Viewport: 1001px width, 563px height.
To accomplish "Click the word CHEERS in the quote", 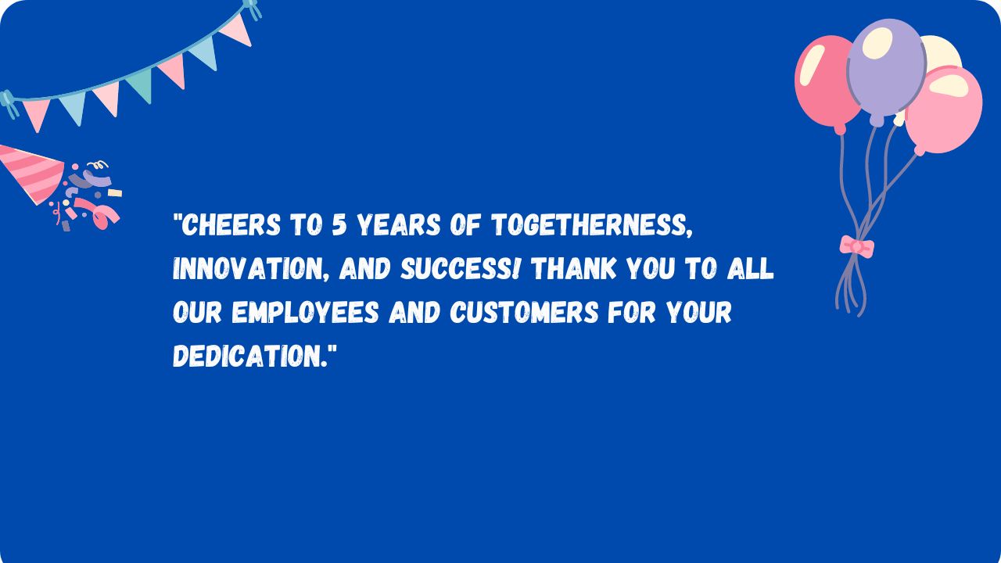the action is [231, 224].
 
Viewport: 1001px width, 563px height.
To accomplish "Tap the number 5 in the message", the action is [339, 224].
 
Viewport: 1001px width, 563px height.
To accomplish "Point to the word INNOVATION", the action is [251, 269].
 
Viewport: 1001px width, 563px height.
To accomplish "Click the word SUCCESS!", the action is [461, 268].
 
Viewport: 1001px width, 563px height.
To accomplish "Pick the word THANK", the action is [574, 268].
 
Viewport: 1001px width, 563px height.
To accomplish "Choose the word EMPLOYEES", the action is [306, 312].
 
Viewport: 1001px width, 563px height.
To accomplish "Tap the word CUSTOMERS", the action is [524, 312].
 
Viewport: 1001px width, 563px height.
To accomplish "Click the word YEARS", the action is [399, 224].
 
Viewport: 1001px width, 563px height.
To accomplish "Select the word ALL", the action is [750, 268].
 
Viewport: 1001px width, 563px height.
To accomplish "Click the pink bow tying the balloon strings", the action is [856, 246].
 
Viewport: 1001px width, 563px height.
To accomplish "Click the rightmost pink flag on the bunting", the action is [237, 30].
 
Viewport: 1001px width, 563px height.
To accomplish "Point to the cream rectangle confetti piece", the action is [115, 192].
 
